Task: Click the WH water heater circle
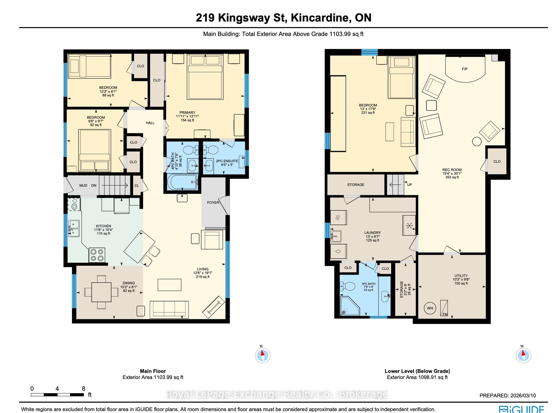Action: [430, 308]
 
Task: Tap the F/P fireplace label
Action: [464, 69]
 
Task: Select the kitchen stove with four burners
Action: [97, 255]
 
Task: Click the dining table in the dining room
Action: [101, 292]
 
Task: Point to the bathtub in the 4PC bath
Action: [183, 182]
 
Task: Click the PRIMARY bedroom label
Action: [187, 112]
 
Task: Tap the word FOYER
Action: [213, 202]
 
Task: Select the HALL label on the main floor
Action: [150, 123]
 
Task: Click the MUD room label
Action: [83, 185]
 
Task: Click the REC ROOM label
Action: [452, 170]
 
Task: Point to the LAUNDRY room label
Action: [372, 232]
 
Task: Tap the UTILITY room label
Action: [461, 276]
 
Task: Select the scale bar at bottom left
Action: [57, 395]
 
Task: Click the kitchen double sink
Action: [74, 228]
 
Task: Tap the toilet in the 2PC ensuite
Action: [210, 149]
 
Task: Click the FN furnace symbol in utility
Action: [444, 308]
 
